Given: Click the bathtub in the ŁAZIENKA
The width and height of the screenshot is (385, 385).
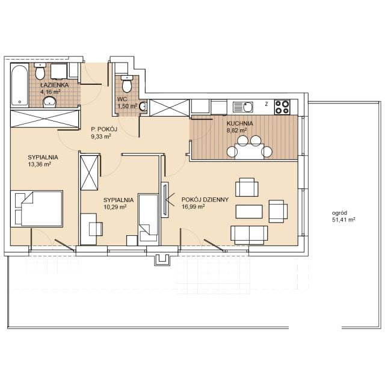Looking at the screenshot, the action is [20, 85].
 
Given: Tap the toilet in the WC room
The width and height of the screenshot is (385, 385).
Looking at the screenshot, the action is [127, 84].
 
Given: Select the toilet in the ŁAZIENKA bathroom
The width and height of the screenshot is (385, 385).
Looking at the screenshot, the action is [40, 71].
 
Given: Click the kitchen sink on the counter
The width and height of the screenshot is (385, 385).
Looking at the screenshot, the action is [243, 107].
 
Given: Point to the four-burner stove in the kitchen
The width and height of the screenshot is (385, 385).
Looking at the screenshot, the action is [282, 107].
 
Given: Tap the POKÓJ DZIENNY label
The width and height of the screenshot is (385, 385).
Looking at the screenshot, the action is [205, 200].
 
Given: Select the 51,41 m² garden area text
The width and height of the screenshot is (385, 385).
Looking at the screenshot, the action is [343, 220].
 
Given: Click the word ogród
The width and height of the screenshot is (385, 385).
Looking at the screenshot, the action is [339, 213].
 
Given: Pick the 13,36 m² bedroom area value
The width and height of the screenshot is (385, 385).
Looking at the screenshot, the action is [40, 164].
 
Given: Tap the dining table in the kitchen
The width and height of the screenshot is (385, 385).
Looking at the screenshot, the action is [250, 151].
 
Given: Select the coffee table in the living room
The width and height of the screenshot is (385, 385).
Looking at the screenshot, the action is [249, 211].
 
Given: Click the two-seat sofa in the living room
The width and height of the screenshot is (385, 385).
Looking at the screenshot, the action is [249, 235].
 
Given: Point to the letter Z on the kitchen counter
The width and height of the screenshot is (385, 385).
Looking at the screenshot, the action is [266, 104].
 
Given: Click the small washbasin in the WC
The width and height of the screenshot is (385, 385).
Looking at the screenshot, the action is [143, 106].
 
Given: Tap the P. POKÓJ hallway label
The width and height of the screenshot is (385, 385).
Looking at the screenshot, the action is [104, 129].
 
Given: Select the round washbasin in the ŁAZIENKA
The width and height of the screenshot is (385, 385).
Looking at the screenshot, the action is [50, 102].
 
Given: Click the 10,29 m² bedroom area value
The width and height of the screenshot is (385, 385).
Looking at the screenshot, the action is [115, 207].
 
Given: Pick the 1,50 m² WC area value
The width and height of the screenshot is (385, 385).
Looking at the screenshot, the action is [127, 106].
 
